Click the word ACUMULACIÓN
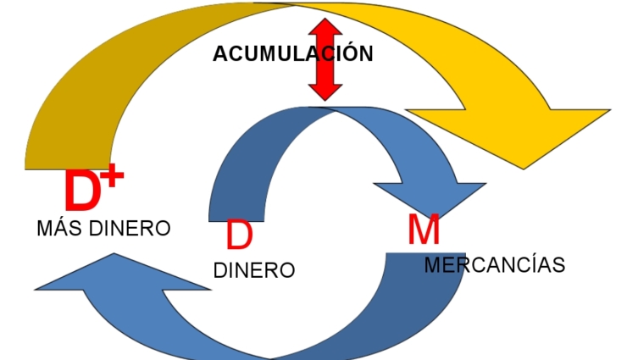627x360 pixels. [x=292, y=54]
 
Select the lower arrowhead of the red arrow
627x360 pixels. [x=325, y=91]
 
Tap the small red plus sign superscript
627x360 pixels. [x=113, y=175]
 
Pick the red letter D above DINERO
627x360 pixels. [x=239, y=235]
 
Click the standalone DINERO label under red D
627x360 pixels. [x=254, y=271]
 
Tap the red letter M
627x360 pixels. [x=423, y=230]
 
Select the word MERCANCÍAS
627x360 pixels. [x=494, y=265]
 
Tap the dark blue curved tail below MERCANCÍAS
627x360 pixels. [x=424, y=305]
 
